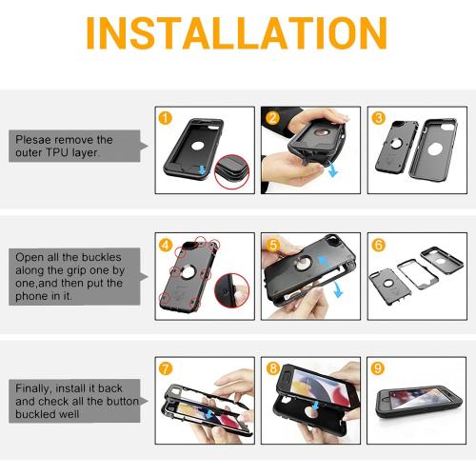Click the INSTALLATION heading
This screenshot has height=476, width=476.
236,33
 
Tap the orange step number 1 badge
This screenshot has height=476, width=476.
165,118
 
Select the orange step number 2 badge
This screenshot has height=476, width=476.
272,118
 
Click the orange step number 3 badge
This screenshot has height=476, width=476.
378,118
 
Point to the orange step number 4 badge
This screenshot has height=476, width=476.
166,245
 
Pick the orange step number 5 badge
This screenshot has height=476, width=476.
273,245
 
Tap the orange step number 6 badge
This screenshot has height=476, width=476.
378,245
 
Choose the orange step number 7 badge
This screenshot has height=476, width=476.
166,368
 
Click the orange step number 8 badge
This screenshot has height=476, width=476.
273,368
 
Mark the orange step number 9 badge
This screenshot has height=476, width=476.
378,368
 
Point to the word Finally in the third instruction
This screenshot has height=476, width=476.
32,388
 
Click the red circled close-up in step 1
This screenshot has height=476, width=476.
231,172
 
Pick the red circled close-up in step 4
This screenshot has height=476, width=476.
231,290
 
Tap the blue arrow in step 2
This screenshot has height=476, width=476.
333,169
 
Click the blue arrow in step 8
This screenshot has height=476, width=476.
315,406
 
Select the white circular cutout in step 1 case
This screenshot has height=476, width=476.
197,147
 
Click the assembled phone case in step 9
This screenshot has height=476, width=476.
418,403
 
